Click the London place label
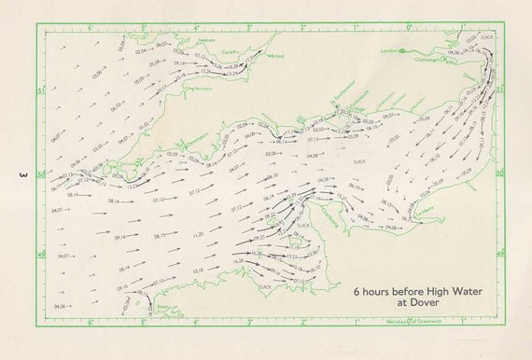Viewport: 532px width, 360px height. tap(389, 51)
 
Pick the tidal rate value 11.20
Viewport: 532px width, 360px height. tap(198, 235)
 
